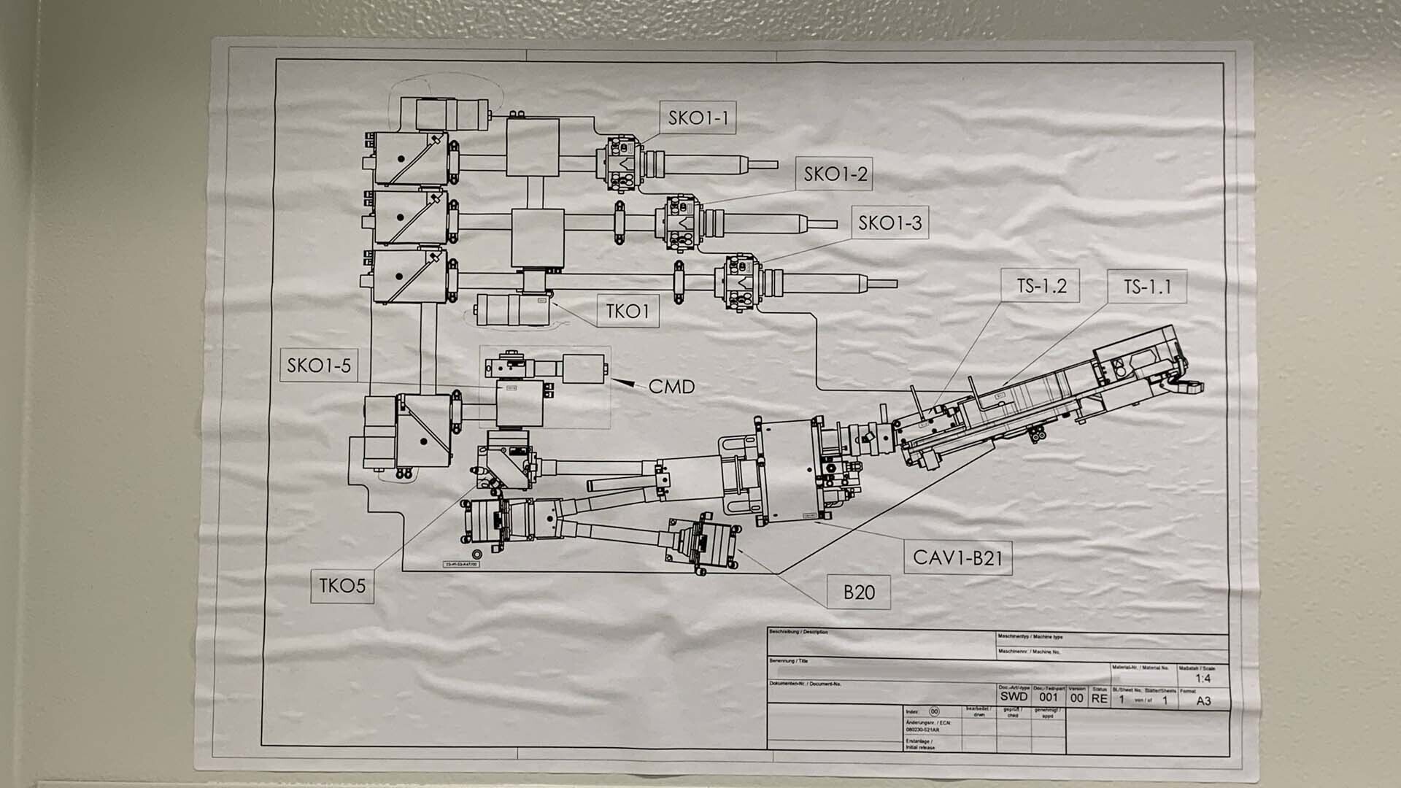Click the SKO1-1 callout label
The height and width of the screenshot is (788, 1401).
tap(698, 118)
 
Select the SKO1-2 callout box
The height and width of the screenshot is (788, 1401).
tap(835, 174)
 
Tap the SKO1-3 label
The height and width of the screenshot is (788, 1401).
tap(889, 223)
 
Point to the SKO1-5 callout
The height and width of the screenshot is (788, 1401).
tap(319, 366)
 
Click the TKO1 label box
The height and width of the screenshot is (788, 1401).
tap(628, 312)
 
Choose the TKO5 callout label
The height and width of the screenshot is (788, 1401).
tap(342, 585)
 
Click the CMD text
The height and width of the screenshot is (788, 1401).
tap(671, 387)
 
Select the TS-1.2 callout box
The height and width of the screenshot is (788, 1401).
tap(1041, 286)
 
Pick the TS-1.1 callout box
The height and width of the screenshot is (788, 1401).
tap(1147, 287)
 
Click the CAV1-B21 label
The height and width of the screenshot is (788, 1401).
tap(957, 558)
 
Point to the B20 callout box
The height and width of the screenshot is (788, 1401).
tap(859, 592)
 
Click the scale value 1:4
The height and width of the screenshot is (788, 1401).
tap(1203, 679)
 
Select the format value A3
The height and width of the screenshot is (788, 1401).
tap(1203, 701)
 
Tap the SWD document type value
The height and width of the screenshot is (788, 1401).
tap(1014, 698)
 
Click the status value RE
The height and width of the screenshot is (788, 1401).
tap(1099, 699)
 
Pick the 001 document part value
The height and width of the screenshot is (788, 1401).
tap(1049, 698)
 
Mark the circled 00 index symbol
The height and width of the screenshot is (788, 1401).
tap(934, 711)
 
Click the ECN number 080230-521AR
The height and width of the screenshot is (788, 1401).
tap(922, 730)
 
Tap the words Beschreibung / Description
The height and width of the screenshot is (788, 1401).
tap(798, 632)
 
